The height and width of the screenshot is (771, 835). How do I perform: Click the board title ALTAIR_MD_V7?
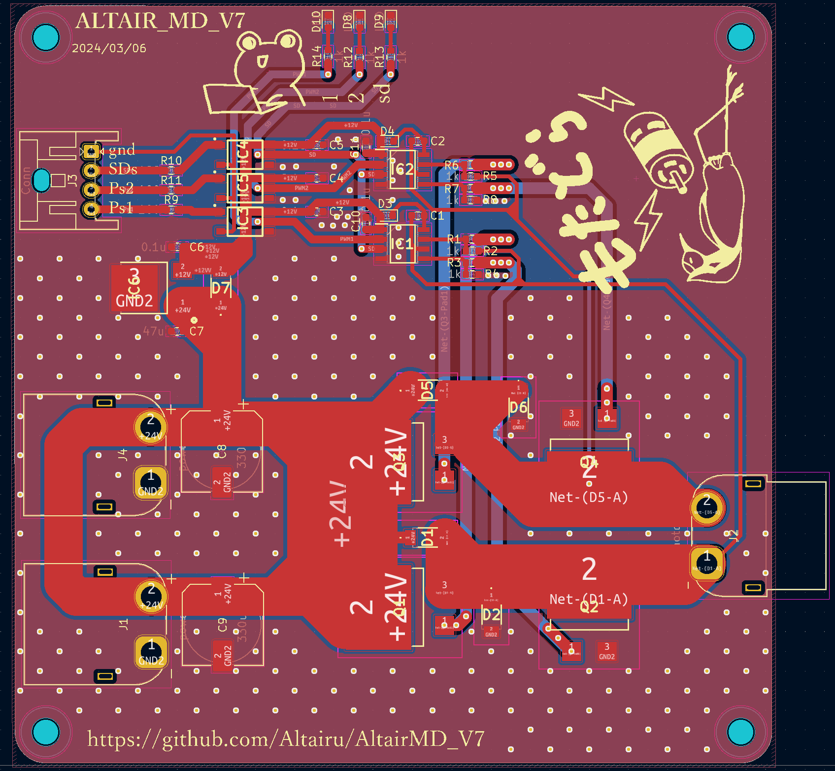[160, 21]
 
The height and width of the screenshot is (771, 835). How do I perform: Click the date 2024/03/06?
[109, 48]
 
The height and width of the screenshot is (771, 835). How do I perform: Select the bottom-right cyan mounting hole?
[740, 733]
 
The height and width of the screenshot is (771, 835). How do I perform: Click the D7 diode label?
[221, 288]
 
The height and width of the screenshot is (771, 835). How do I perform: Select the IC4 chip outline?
[244, 154]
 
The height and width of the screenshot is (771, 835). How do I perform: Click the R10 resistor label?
[171, 161]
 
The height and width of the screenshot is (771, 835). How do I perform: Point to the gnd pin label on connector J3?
[121, 150]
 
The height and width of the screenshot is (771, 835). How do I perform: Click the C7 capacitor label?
[196, 331]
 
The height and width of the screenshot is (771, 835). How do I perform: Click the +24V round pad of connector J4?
[150, 427]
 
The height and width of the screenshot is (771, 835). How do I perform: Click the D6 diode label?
[518, 407]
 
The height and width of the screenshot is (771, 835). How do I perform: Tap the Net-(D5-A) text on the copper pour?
[589, 498]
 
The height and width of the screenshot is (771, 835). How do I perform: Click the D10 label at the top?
[316, 21]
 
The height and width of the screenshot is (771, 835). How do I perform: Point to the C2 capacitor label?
[437, 141]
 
